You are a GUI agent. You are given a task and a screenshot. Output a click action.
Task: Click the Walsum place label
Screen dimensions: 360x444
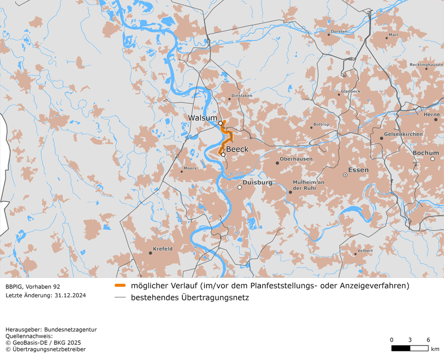202,118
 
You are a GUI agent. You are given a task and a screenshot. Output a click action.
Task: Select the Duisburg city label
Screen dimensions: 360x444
257,183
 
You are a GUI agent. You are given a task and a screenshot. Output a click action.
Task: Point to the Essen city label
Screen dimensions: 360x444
359,170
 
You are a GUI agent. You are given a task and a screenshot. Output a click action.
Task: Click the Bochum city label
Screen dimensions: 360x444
426,153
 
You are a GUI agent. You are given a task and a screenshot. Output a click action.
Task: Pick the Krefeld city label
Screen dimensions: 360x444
163,249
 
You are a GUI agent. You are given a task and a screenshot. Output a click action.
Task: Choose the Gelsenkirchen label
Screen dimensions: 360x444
403,134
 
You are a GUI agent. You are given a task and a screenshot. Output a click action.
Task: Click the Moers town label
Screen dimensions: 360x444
190,168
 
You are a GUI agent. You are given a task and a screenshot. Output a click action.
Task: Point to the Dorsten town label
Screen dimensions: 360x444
339,32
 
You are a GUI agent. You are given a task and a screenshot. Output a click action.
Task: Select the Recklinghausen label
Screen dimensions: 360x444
426,65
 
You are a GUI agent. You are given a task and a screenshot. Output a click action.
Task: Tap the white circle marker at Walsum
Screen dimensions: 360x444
220,123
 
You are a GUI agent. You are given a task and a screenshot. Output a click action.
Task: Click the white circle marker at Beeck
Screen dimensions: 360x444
223,154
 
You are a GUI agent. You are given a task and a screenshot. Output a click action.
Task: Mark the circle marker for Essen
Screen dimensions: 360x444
345,175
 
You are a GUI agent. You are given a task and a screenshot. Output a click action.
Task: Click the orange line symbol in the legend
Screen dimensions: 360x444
120,286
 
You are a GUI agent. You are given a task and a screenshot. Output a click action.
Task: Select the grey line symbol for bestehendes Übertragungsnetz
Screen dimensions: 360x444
120,297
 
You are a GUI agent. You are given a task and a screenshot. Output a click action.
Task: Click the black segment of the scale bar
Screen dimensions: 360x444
400,348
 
